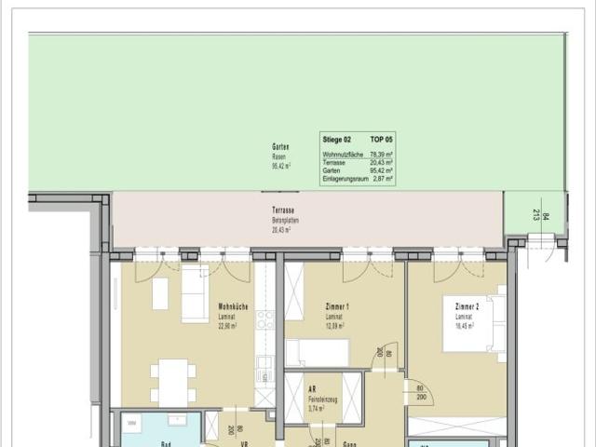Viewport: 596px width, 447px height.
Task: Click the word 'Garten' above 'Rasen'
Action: [279, 147]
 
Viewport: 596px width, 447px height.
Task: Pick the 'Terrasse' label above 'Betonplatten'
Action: [283, 211]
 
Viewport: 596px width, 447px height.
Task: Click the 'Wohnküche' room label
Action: [233, 307]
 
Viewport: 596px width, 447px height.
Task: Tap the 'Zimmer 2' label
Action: [467, 307]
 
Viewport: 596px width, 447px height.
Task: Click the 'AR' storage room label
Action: [311, 389]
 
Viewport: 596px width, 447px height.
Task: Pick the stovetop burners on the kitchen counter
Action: [265, 319]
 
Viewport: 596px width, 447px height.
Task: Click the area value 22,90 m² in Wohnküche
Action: [229, 326]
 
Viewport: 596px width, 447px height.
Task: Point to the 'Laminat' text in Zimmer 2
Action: [465, 317]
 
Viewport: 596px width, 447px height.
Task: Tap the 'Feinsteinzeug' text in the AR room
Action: [324, 399]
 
